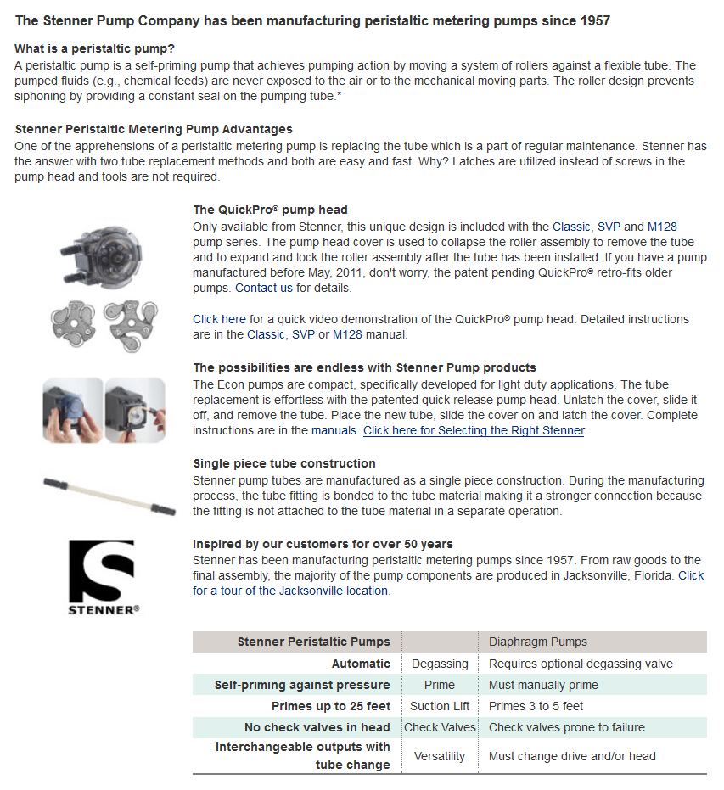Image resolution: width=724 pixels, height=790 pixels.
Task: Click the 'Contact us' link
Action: click(x=263, y=288)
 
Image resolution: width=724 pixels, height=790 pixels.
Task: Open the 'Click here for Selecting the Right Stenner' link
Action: click(x=474, y=430)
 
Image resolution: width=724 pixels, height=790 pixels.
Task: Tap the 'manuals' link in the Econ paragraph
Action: click(x=334, y=430)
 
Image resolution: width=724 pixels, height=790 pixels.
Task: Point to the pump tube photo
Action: click(x=109, y=495)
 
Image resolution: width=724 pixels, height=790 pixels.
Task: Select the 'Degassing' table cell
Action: click(x=439, y=664)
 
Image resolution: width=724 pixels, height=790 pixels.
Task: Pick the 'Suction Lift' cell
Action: click(x=439, y=706)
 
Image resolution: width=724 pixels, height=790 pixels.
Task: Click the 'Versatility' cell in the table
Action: click(x=439, y=756)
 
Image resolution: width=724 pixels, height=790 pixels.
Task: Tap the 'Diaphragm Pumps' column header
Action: click(x=538, y=642)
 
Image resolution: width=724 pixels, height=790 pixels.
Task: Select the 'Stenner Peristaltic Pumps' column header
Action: click(x=314, y=642)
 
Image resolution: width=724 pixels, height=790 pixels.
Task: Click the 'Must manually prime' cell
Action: click(x=543, y=685)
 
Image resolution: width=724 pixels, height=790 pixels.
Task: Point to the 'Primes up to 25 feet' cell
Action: click(x=331, y=706)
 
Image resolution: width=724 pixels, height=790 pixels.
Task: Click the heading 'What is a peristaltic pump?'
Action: click(x=95, y=48)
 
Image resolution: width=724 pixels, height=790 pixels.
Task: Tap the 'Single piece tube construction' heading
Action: click(x=284, y=463)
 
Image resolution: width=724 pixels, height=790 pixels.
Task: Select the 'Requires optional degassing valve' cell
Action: click(x=581, y=664)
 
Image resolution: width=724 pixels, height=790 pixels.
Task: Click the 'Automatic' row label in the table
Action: click(x=361, y=664)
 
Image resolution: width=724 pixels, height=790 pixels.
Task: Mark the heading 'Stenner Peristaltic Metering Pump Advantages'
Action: click(x=154, y=129)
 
